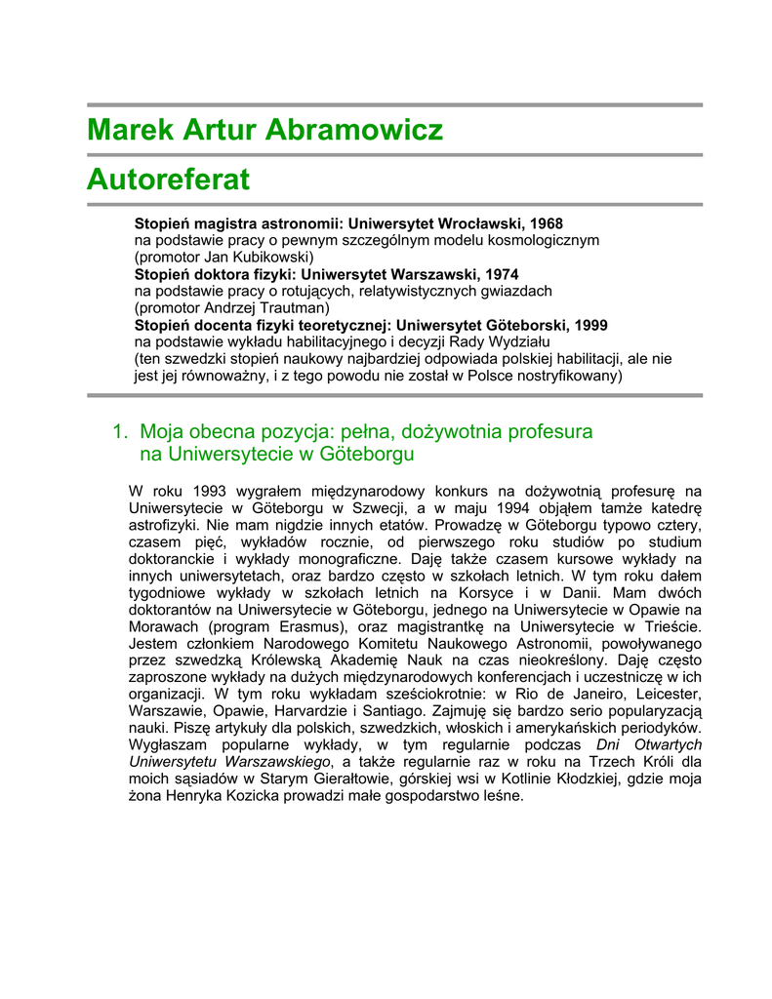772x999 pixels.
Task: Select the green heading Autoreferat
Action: point(168,180)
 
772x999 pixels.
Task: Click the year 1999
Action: point(589,324)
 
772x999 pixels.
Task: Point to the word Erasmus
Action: point(314,625)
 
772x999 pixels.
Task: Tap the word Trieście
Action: point(667,625)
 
